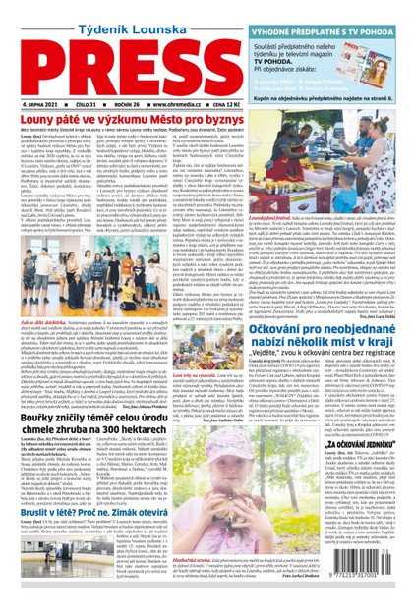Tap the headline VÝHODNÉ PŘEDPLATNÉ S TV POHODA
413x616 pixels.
point(338,9)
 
